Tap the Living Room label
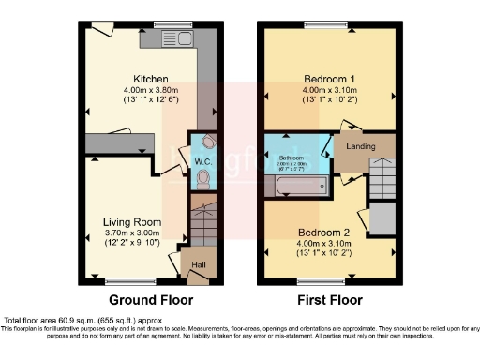131,222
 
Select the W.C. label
202,162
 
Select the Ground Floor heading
152,301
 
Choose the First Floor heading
328,301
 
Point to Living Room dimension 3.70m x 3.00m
131,233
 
